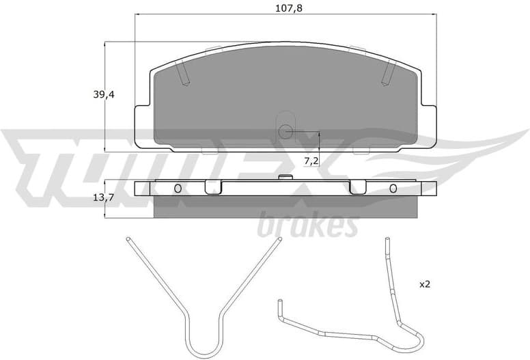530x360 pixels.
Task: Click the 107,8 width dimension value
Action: (x=285, y=9)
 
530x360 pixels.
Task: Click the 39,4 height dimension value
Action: (x=104, y=95)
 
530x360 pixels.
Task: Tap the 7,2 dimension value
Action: (x=311, y=161)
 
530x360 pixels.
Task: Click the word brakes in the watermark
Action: (x=307, y=225)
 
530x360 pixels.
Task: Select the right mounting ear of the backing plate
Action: (x=429, y=126)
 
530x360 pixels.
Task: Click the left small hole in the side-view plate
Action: (x=178, y=189)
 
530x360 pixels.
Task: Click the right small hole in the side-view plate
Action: (x=393, y=189)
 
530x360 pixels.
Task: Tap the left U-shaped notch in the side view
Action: (x=213, y=187)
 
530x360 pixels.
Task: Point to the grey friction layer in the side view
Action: (x=285, y=207)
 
